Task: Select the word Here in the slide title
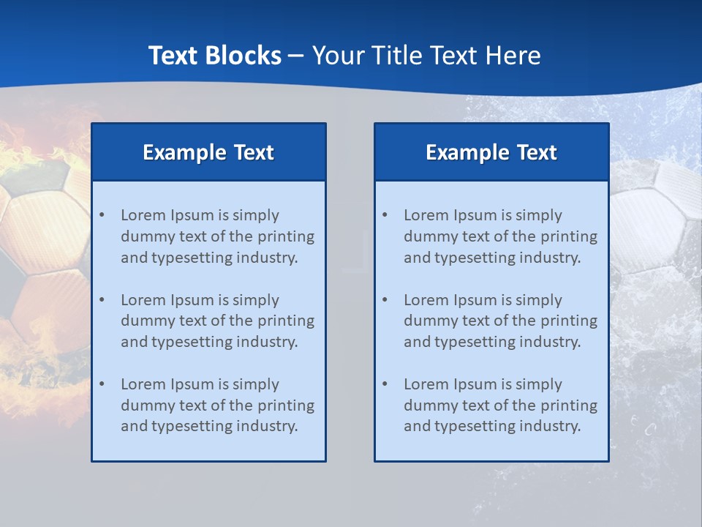[512, 56]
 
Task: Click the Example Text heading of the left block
[208, 152]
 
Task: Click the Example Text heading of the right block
[491, 152]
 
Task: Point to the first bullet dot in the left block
[102, 215]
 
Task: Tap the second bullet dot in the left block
[102, 300]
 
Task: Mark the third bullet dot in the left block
[102, 384]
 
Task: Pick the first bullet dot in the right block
[385, 215]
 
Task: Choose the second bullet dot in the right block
[385, 300]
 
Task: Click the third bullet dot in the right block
[385, 384]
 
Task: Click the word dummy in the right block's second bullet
[427, 321]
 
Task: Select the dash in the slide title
[296, 56]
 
